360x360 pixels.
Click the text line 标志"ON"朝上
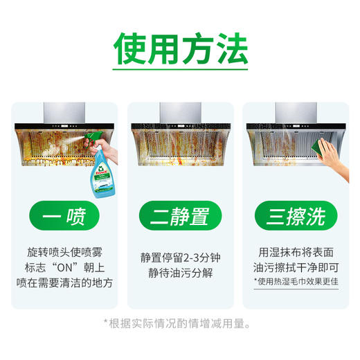pyautogui.click(x=62, y=268)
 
